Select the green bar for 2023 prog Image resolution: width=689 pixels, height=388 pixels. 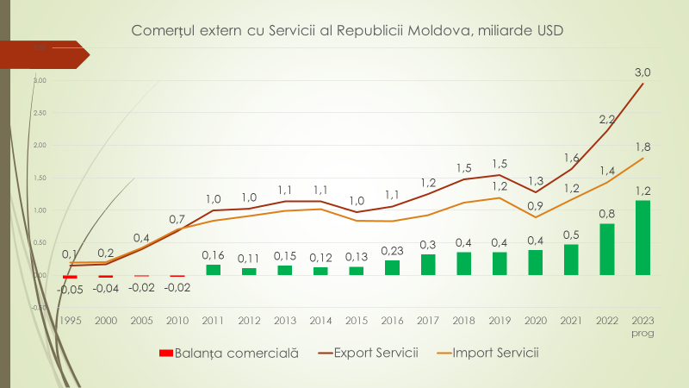(642, 238)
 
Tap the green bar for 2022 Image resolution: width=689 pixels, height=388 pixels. (607, 249)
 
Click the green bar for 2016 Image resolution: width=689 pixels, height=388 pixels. (392, 267)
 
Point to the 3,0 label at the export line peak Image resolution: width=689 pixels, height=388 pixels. (642, 72)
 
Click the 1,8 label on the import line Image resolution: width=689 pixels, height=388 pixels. (642, 147)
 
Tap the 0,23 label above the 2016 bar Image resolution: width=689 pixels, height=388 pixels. (392, 250)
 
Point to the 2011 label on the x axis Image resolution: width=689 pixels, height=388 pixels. (213, 320)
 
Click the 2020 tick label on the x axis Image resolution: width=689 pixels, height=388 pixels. (535, 320)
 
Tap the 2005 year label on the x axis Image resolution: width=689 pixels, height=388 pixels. (141, 320)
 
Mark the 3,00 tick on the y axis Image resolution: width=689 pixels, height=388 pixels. (40, 80)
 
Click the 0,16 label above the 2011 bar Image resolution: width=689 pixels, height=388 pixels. (213, 255)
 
